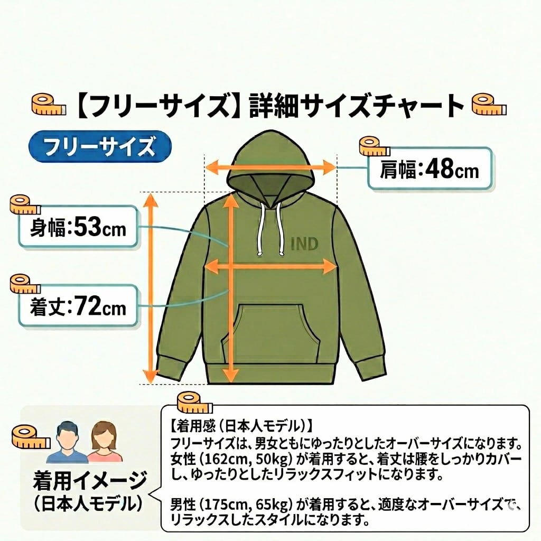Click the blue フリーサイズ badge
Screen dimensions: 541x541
99,146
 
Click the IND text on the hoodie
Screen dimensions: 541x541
305,244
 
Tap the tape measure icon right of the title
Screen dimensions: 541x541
489,104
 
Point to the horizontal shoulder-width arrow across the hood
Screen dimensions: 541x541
270,169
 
